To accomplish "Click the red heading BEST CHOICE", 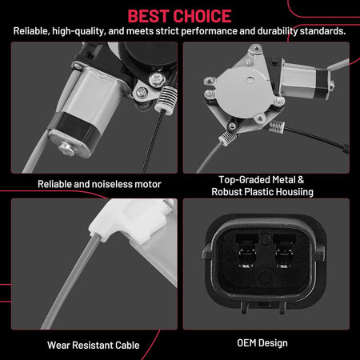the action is [x=179, y=16].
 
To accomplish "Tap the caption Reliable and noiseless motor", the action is [x=99, y=184].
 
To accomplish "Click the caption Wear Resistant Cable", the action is [x=94, y=346].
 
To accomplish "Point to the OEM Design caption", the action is [x=262, y=343].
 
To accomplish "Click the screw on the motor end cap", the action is [x=66, y=149].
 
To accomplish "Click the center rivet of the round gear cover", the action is [x=250, y=79].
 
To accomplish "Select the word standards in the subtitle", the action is [x=322, y=31].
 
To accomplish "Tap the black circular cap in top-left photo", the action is [x=147, y=57].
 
